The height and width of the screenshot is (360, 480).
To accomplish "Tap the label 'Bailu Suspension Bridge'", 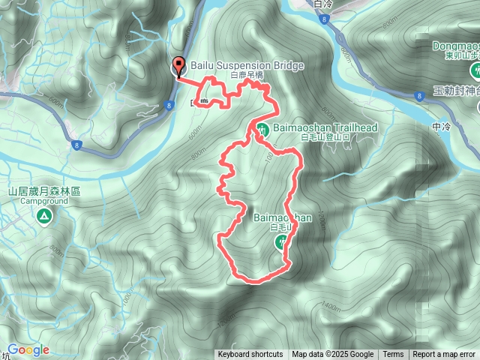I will (x=247, y=66).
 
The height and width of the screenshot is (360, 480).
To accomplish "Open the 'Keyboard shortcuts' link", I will (x=250, y=355).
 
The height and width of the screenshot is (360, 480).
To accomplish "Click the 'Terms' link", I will (x=393, y=355).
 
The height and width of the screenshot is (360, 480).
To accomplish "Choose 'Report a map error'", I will (x=445, y=355).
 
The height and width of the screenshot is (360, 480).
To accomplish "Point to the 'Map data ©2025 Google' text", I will (x=332, y=355).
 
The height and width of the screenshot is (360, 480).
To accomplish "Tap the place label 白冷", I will (x=323, y=4).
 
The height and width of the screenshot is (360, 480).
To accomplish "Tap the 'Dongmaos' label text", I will (x=456, y=46).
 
